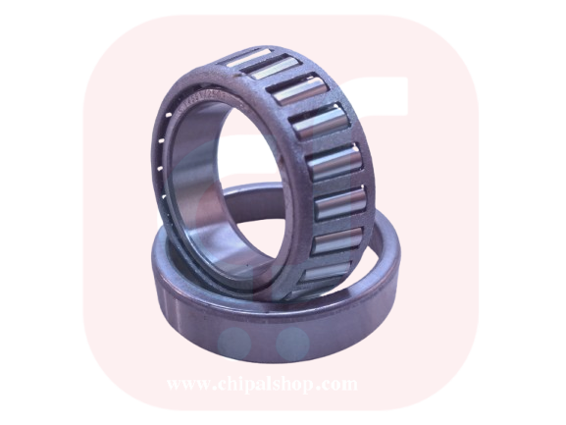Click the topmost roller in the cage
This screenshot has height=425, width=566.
pos(248,57)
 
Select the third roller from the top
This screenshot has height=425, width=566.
pos(300,90)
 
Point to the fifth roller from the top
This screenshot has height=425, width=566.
pos(334,164)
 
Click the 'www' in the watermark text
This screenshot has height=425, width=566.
pos(187,384)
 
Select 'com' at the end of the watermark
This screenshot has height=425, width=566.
pos(339,384)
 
